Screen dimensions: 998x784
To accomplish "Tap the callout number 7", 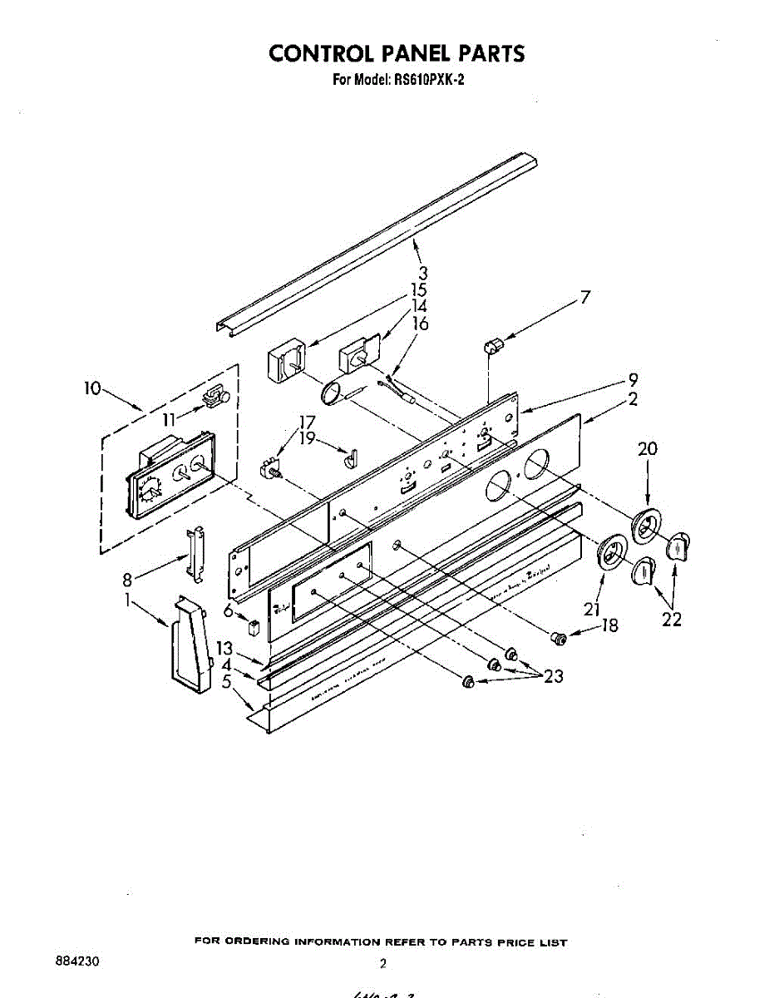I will tap(585, 297).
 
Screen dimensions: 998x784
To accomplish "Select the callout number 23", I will tap(553, 676).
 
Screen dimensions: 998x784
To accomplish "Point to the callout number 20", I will tap(647, 449).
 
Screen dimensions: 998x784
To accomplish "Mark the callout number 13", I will tap(224, 649).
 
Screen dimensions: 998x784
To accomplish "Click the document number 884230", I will tap(77, 961).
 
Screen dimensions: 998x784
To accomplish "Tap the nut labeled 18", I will tap(560, 638).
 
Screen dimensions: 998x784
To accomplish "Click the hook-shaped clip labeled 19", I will tap(350, 455).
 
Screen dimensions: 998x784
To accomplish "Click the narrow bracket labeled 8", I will tap(196, 551).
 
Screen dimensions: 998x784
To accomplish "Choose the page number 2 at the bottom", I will tap(383, 964).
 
